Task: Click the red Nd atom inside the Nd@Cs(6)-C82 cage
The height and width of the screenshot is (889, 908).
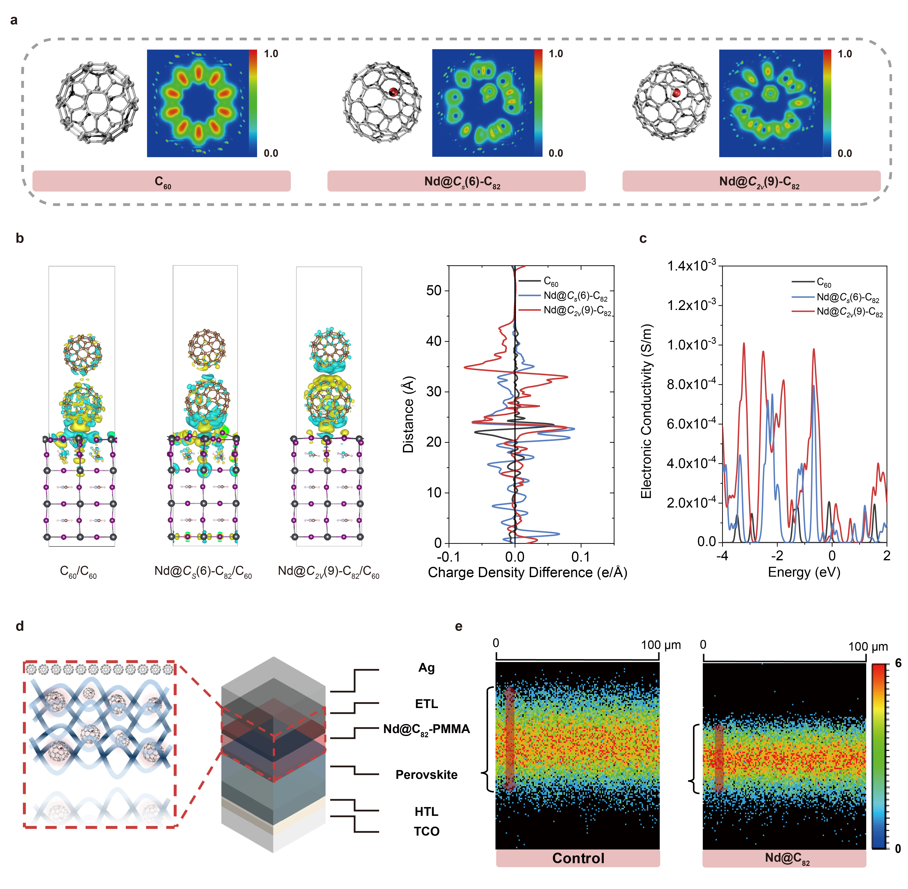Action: [393, 92]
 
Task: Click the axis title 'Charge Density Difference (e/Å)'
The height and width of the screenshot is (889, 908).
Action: [527, 572]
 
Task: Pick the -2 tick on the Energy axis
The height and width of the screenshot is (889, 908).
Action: [777, 556]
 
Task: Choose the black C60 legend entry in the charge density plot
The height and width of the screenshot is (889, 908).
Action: [551, 282]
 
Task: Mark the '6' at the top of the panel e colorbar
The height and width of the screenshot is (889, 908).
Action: [898, 663]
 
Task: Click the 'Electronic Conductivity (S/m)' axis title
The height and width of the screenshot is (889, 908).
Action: [646, 411]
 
